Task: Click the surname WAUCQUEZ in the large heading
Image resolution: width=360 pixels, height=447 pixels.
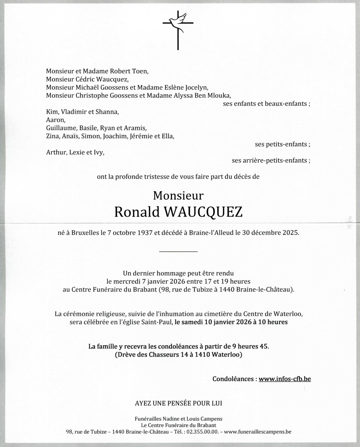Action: pos(204,212)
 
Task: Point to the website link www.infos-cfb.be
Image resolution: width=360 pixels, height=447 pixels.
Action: pos(285,379)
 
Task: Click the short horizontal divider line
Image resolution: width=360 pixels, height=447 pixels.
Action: pos(178,251)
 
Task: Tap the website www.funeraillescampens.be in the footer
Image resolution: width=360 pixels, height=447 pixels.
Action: pos(258,432)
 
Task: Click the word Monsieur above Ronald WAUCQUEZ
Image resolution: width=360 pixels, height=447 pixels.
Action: pos(178,196)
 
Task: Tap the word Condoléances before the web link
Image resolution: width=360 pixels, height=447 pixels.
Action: pos(233,379)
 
